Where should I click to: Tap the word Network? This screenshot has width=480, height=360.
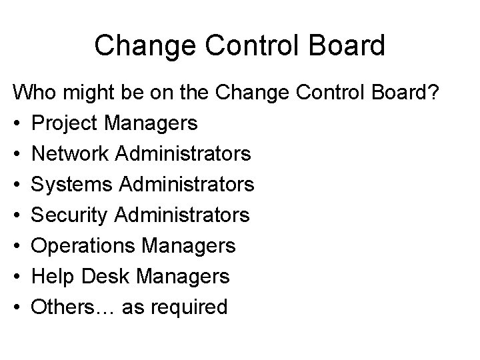point(71,154)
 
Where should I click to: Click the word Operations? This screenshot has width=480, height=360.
point(83,246)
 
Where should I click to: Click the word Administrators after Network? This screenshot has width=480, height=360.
point(183,154)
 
